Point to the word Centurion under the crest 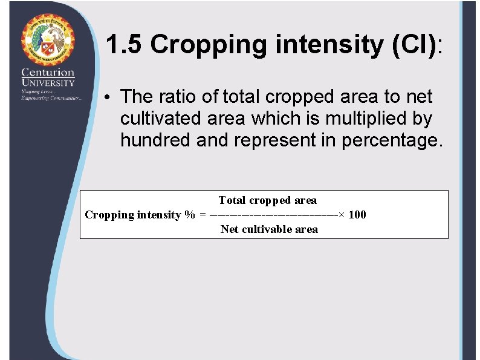tap(48, 73)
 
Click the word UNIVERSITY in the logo tap(48, 82)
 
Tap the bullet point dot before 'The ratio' tap(106, 97)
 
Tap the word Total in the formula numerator tap(232, 200)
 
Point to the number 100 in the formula tap(357, 215)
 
